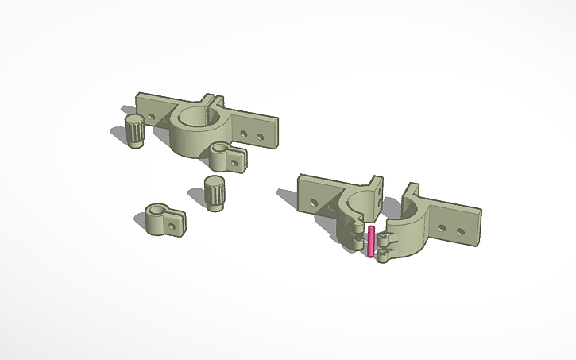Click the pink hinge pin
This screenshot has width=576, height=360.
pyautogui.click(x=371, y=241)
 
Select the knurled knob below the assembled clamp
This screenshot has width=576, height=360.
pyautogui.click(x=214, y=193)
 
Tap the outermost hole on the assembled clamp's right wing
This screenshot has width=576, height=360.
pyautogui.click(x=257, y=135)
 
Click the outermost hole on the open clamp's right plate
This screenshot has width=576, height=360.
pyautogui.click(x=463, y=231)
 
